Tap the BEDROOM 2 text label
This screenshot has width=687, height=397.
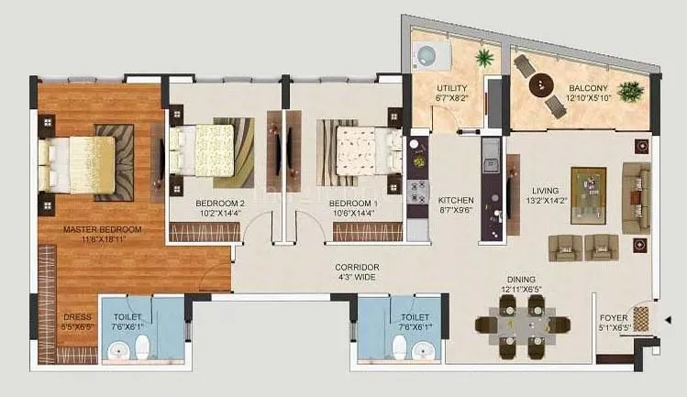220,203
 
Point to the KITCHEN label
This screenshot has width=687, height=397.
455,199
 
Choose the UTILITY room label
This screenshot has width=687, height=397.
452,88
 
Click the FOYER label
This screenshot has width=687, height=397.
613,294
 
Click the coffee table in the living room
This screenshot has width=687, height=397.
588,193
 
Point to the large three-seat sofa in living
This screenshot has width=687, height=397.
637,196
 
